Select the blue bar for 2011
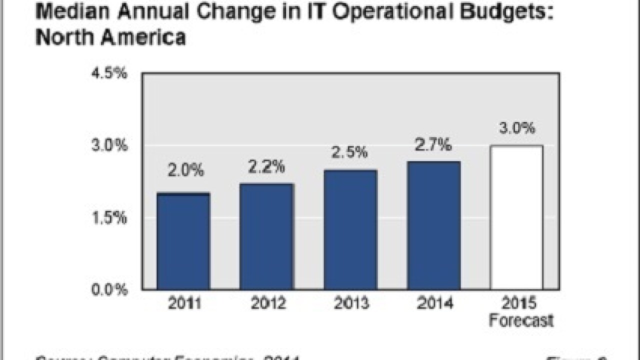[183, 241]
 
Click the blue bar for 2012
[266, 236]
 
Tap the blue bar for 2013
[350, 229]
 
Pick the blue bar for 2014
[433, 225]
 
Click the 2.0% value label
[185, 170]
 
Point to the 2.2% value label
[266, 166]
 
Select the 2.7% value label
[433, 145]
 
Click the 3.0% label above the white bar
[517, 128]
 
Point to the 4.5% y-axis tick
[109, 74]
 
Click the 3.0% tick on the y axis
[109, 146]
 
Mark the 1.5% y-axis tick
[109, 218]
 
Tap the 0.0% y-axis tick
[109, 290]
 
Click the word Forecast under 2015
[521, 320]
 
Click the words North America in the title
[110, 37]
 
